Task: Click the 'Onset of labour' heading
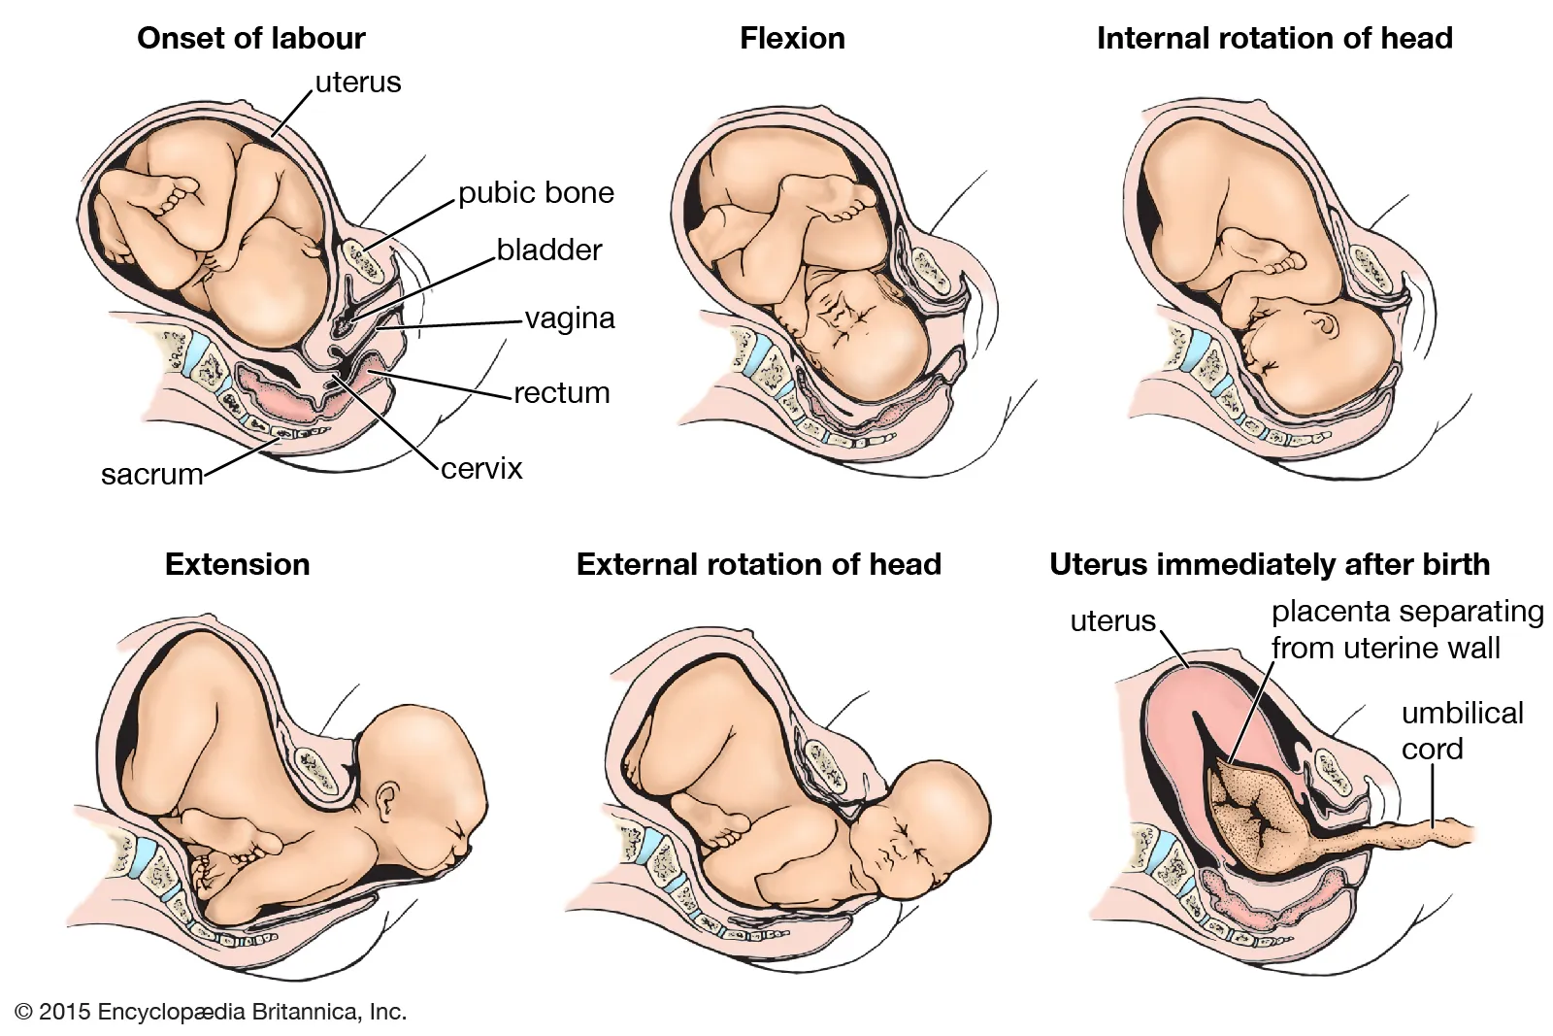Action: [x=250, y=39]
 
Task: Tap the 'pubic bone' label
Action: [x=536, y=192]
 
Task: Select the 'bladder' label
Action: [x=549, y=250]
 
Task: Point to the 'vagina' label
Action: [x=570, y=318]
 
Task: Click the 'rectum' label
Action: [x=561, y=392]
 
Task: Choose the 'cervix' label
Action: [x=481, y=468]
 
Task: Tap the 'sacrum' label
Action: [x=152, y=474]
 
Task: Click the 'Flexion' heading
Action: [x=792, y=39]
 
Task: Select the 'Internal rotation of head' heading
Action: [x=1273, y=39]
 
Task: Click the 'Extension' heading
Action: [x=238, y=564]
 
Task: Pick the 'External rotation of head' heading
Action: [x=758, y=564]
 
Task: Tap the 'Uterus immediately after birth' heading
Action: [x=1269, y=564]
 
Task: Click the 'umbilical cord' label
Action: [x=1462, y=730]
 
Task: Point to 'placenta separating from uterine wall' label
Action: [x=1405, y=629]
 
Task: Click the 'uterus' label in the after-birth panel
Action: [x=1112, y=620]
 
